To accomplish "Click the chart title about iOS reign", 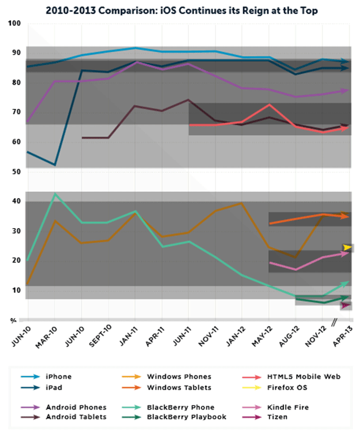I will pos(180,10).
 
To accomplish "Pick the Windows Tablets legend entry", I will pos(179,387).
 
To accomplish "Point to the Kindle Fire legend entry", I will pos(272,407).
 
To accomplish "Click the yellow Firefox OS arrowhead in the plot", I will pos(348,248).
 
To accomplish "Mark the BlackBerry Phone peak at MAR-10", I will pos(55,194).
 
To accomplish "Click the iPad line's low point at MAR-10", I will pos(55,165).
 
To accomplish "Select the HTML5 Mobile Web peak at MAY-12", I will pos(269,105).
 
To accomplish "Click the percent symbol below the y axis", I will pos(13,320).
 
